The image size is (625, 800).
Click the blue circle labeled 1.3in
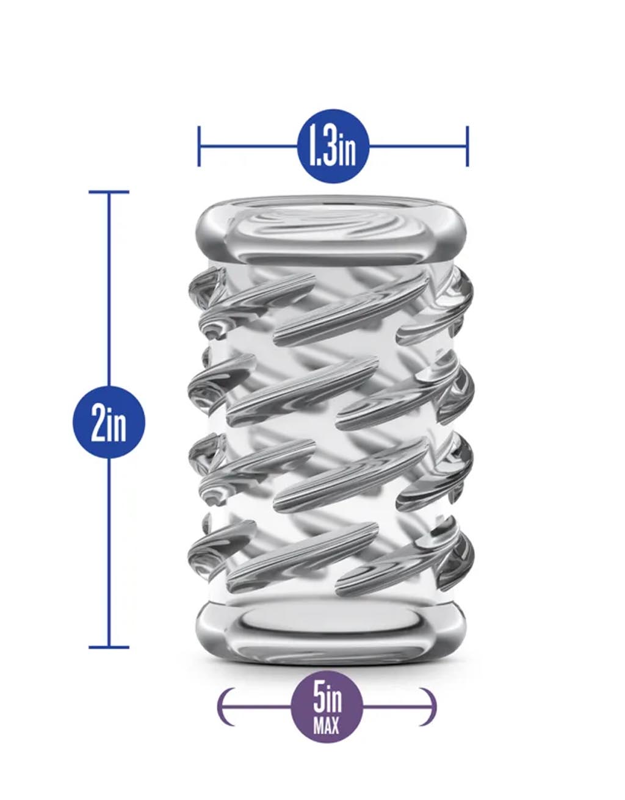click(333, 146)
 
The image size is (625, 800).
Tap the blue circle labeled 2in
click(109, 422)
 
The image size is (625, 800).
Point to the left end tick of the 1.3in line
click(199, 146)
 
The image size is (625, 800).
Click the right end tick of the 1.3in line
click(467, 146)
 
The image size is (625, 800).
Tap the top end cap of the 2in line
click(109, 192)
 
